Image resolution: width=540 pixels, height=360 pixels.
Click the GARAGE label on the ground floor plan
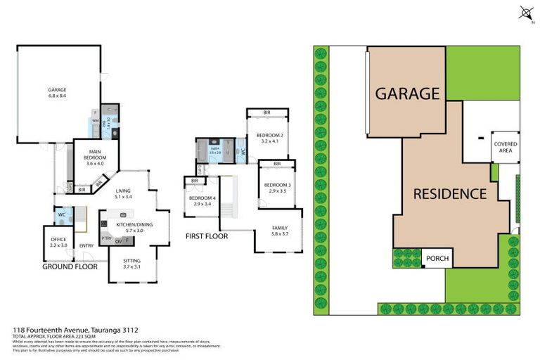point(58,90)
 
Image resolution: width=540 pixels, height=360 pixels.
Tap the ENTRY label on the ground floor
point(87,245)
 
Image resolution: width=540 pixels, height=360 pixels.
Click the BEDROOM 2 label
point(269,136)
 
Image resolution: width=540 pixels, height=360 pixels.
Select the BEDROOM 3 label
point(277,185)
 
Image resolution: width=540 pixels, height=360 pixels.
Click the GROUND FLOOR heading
point(70,267)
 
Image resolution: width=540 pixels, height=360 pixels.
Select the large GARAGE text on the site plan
point(407,93)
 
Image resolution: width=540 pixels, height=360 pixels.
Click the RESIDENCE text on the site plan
point(450,193)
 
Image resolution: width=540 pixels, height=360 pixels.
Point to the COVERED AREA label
point(505,146)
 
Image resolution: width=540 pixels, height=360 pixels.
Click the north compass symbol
point(525,12)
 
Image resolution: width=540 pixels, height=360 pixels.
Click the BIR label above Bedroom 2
point(267,112)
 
